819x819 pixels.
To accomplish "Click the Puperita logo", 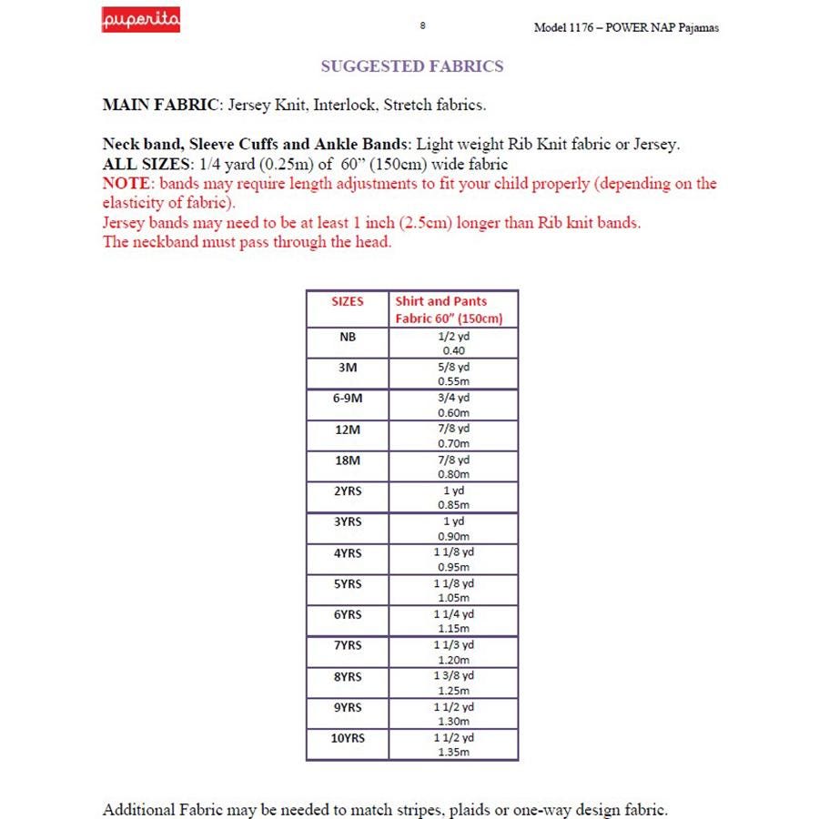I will click(x=140, y=19).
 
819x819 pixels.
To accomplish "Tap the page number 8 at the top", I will click(x=422, y=25).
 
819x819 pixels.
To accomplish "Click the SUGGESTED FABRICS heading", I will click(x=412, y=66).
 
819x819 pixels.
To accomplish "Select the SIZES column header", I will click(x=347, y=301).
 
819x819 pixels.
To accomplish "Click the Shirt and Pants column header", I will click(x=440, y=301).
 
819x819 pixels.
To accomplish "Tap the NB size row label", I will click(x=347, y=337).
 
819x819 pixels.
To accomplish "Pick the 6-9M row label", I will click(x=347, y=399).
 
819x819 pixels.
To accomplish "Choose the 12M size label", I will click(x=347, y=430).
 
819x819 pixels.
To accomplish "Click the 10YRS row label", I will click(x=347, y=738).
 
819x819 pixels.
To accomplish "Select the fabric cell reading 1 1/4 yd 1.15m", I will click(x=453, y=622).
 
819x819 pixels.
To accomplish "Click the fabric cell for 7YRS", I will click(x=453, y=652).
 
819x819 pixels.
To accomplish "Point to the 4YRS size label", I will click(x=347, y=553).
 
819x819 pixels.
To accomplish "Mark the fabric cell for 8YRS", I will click(x=453, y=683).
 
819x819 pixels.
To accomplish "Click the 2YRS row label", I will click(x=347, y=491).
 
